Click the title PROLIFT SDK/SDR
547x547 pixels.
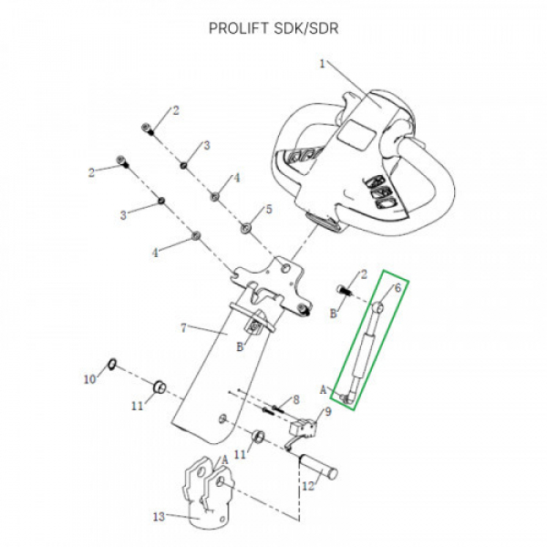coord(273,27)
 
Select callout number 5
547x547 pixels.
coord(269,210)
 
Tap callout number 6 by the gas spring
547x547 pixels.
coord(397,289)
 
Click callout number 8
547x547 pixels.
coord(296,399)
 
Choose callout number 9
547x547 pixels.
coord(328,411)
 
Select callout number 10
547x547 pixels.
coord(90,377)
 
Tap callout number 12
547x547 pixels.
coord(307,487)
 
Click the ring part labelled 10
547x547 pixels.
coord(111,365)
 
